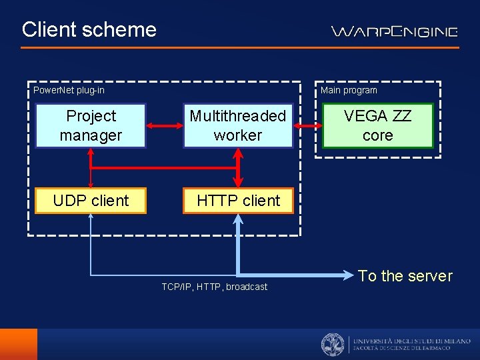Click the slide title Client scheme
point(89,29)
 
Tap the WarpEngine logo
point(395,31)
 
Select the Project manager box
point(91,125)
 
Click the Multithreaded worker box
point(238,125)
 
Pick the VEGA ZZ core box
point(377,125)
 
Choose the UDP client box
point(91,200)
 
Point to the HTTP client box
point(238,200)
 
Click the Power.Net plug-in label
point(69,90)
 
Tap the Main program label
point(349,90)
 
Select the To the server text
point(405,276)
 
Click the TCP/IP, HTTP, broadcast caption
point(214,287)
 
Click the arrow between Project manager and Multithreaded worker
point(165,125)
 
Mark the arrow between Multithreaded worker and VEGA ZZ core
point(307,125)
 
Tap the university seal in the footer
point(333,345)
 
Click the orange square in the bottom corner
point(19,344)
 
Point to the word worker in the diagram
point(238,135)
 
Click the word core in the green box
point(377,135)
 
